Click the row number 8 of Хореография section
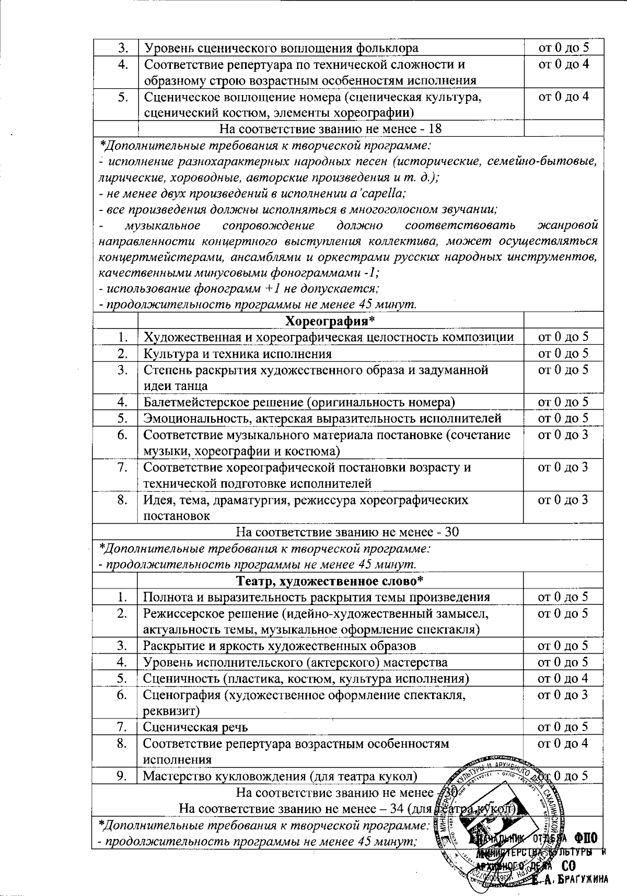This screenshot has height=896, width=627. [122, 500]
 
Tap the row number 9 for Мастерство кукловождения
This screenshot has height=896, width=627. [122, 776]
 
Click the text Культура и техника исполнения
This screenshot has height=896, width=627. [237, 354]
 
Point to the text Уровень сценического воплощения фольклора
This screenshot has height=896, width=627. [281, 48]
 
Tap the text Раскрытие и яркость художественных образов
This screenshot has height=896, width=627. [280, 646]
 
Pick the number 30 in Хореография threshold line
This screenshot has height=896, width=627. [451, 532]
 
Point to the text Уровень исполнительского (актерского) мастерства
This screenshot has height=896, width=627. [295, 662]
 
